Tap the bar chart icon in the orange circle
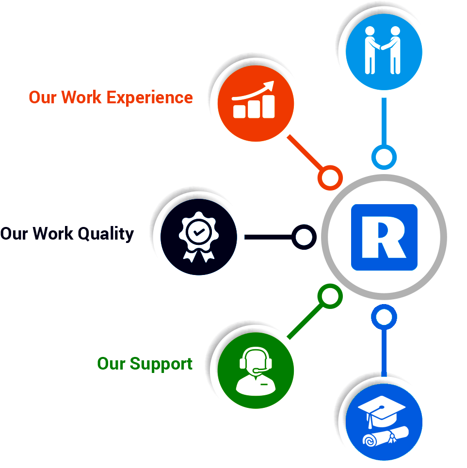[254, 102]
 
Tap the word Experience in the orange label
[149, 97]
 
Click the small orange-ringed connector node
[330, 178]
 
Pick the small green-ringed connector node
[330, 295]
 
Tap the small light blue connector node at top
[384, 157]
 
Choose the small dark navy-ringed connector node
[304, 237]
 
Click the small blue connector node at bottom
[384, 317]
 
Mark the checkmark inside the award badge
[198, 232]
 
